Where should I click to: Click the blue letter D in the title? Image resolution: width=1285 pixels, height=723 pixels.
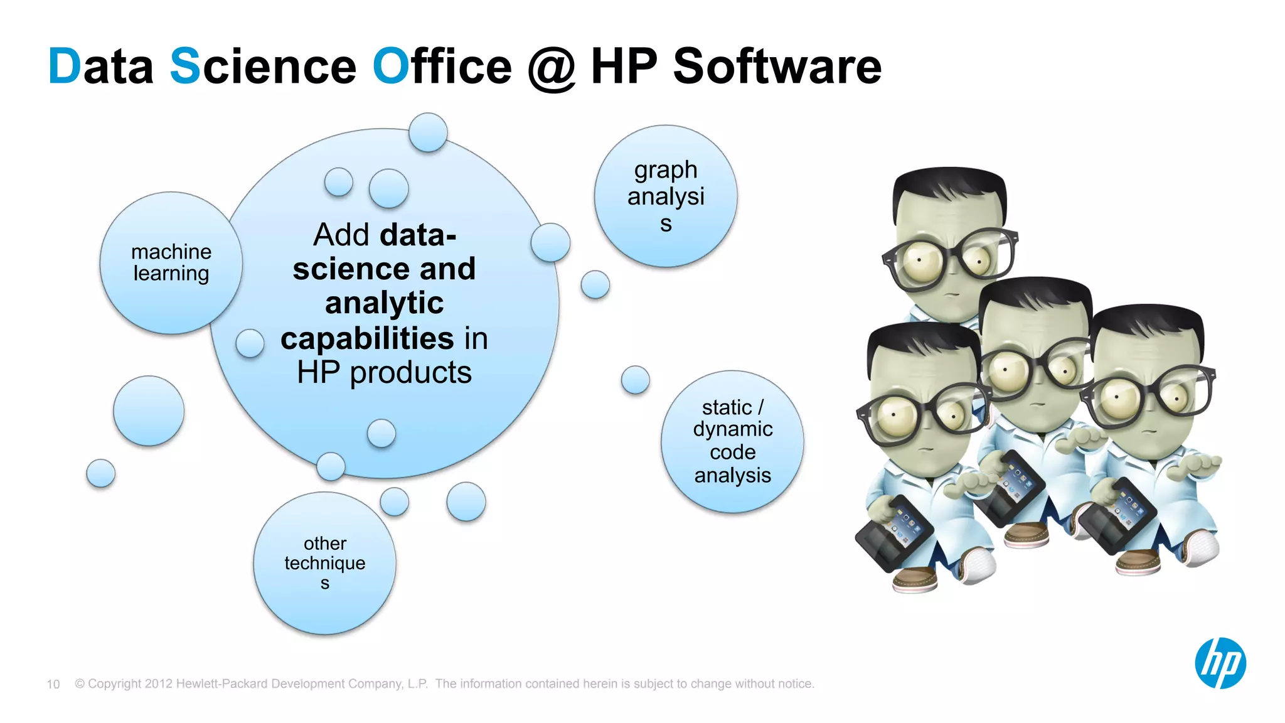[x=64, y=67]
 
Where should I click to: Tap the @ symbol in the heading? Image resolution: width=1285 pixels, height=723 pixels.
[x=551, y=68]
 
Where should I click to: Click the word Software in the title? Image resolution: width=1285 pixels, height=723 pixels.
[x=777, y=67]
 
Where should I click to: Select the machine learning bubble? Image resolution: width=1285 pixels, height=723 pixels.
[x=171, y=263]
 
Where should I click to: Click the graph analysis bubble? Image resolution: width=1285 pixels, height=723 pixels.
[x=666, y=196]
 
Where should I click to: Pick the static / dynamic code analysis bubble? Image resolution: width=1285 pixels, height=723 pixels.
[x=732, y=442]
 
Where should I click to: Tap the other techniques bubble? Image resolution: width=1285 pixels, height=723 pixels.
[x=324, y=563]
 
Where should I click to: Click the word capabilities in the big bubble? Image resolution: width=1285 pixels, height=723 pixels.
[x=367, y=339]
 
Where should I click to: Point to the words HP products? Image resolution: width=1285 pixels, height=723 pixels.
[x=384, y=373]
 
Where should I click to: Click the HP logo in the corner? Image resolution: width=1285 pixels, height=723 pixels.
[x=1220, y=663]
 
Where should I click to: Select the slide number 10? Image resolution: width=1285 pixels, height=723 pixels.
[x=53, y=684]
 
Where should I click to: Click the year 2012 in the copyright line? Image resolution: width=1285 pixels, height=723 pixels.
[x=158, y=683]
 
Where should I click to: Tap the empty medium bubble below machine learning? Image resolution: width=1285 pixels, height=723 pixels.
[x=149, y=411]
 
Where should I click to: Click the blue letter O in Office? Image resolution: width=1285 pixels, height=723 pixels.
[x=390, y=67]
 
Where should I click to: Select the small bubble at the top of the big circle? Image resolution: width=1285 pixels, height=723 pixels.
[x=428, y=132]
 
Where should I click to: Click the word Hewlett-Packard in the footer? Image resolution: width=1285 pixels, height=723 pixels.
[x=228, y=683]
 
